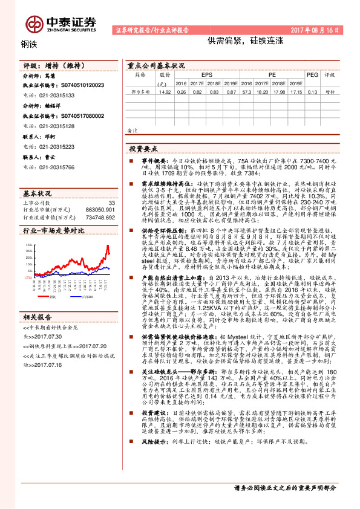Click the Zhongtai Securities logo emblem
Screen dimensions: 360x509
coord(34,24)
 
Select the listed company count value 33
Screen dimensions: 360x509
coord(111,203)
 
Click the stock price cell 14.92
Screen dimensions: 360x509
coord(164,92)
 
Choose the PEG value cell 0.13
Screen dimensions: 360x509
coord(312,92)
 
